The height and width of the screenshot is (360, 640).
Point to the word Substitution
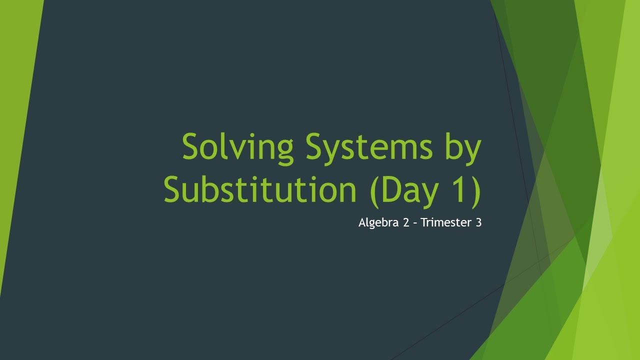coord(259,189)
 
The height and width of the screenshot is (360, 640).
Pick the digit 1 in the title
coord(459,189)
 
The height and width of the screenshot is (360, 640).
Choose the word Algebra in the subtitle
coord(376,223)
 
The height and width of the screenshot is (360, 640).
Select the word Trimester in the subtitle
coord(446,223)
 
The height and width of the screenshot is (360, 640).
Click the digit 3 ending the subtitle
coord(478,223)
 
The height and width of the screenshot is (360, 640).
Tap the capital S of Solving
coord(192,146)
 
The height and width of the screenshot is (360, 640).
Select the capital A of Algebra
coord(362,223)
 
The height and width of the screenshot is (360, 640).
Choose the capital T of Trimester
coord(424,223)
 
